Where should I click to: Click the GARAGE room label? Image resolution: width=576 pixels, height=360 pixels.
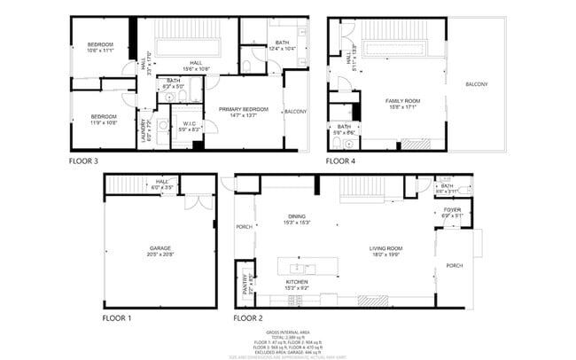[x=160, y=248]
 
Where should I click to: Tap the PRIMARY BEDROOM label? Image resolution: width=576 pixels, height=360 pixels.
[x=243, y=107]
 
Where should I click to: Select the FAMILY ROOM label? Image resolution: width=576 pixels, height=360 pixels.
[x=401, y=102]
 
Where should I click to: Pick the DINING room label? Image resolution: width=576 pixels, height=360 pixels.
[x=296, y=216]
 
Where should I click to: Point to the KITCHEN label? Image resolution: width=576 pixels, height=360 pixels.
[x=296, y=281]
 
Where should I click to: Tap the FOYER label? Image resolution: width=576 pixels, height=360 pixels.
[x=452, y=210]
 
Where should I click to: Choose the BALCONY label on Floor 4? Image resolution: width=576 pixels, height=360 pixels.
[x=476, y=84]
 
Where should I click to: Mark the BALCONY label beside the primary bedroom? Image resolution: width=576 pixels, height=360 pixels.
[x=295, y=112]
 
